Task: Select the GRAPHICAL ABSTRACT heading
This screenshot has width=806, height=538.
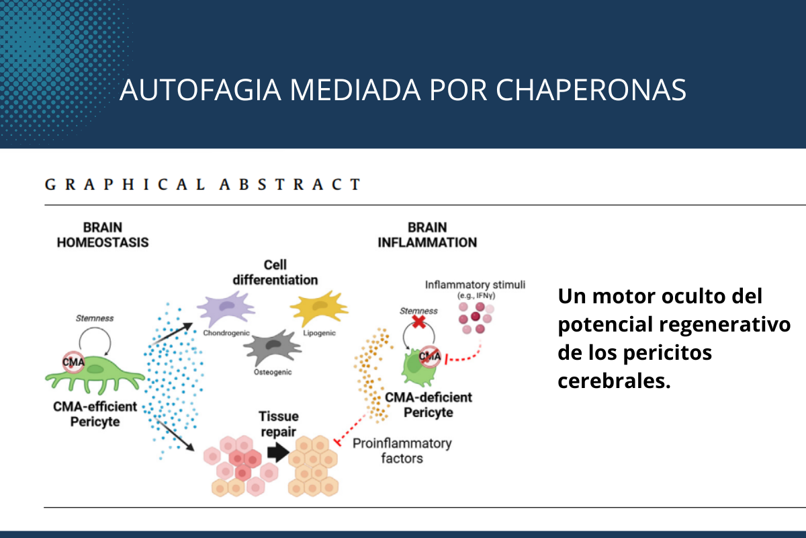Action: (202, 184)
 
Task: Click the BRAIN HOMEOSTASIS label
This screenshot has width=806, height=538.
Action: (102, 235)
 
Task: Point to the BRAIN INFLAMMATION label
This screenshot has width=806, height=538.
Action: (427, 235)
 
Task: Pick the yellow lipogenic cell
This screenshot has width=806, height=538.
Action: (318, 310)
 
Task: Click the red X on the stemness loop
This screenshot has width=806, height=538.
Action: (418, 322)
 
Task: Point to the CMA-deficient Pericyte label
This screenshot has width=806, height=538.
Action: (429, 404)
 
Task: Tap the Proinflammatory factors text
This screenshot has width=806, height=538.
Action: (402, 451)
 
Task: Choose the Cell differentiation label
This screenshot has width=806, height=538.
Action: (275, 272)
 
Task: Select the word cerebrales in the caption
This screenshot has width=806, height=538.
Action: (614, 381)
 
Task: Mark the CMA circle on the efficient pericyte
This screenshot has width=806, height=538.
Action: (74, 363)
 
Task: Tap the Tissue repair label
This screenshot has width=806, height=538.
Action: (278, 424)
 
